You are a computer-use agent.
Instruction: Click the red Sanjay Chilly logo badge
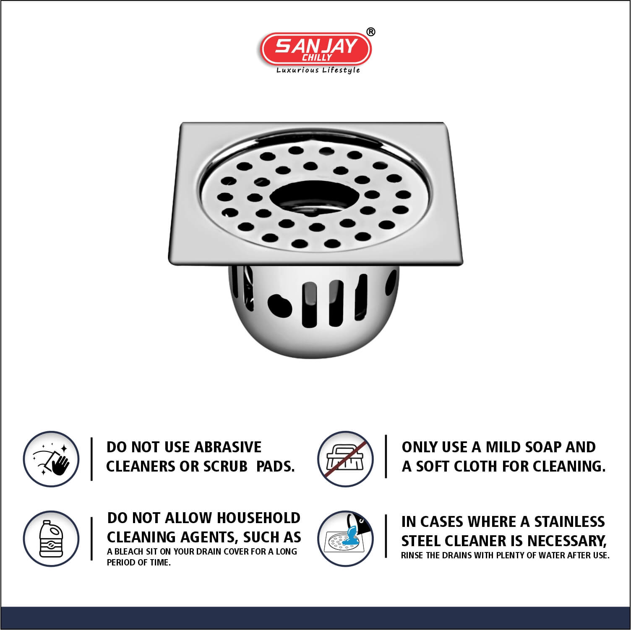(316, 49)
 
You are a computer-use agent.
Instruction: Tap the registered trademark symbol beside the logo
(371, 32)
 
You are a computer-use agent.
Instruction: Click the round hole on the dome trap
(280, 305)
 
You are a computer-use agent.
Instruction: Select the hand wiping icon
(51, 459)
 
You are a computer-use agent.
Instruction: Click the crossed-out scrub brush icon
(345, 459)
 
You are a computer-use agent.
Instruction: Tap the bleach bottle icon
(51, 539)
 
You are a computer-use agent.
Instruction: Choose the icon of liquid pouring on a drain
(345, 539)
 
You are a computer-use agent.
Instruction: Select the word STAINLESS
(569, 522)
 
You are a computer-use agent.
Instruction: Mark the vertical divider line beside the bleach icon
(92, 539)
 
